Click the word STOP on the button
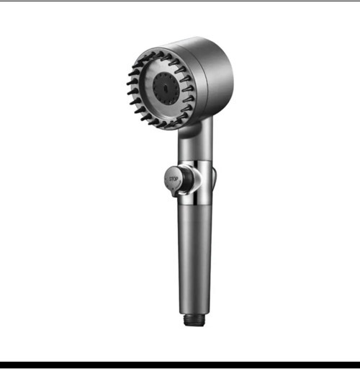174,179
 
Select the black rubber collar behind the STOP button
185,179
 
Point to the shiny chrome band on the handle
195,182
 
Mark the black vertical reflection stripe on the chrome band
196,182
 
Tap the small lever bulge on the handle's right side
215,177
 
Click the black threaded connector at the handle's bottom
194,320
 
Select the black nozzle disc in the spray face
166,88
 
